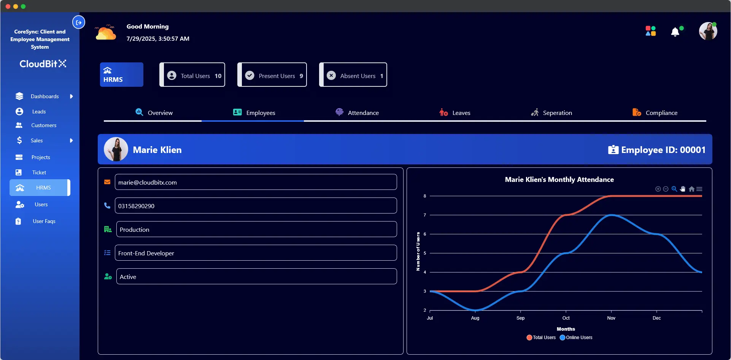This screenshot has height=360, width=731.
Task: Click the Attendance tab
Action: (357, 113)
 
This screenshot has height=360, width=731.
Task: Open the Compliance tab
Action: (655, 113)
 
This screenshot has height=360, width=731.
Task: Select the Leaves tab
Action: (455, 113)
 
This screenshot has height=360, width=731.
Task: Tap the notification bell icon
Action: (675, 32)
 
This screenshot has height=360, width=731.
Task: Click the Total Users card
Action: (192, 75)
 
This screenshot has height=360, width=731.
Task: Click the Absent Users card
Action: (353, 75)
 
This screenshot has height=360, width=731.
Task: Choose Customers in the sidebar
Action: (43, 125)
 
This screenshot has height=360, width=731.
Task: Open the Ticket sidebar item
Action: (39, 172)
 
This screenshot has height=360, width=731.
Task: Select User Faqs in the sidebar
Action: (44, 221)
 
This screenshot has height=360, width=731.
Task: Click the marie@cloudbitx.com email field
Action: (256, 182)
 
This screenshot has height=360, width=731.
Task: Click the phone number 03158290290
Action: (256, 206)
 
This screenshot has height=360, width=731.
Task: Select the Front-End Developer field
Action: (256, 253)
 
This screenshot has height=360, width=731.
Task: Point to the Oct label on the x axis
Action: (566, 318)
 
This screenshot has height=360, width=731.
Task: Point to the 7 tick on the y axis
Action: (425, 215)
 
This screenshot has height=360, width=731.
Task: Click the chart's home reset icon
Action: (691, 189)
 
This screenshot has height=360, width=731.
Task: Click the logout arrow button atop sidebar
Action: (79, 22)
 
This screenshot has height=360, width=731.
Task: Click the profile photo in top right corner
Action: (708, 31)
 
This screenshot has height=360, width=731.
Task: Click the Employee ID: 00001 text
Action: (663, 150)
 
